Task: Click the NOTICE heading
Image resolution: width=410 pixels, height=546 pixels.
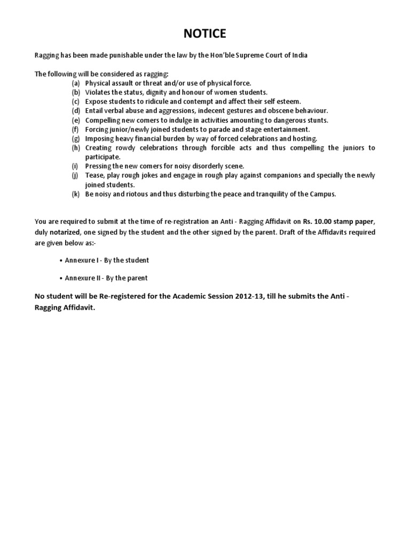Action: pyautogui.click(x=205, y=34)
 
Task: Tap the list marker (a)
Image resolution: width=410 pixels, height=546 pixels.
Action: pyautogui.click(x=76, y=83)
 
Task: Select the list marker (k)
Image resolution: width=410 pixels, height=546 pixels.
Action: pyautogui.click(x=76, y=194)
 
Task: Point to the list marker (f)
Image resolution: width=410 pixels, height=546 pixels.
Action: pyautogui.click(x=75, y=130)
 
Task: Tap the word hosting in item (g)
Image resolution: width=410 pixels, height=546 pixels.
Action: pyautogui.click(x=305, y=139)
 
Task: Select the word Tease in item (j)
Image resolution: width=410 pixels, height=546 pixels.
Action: pyautogui.click(x=94, y=175)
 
